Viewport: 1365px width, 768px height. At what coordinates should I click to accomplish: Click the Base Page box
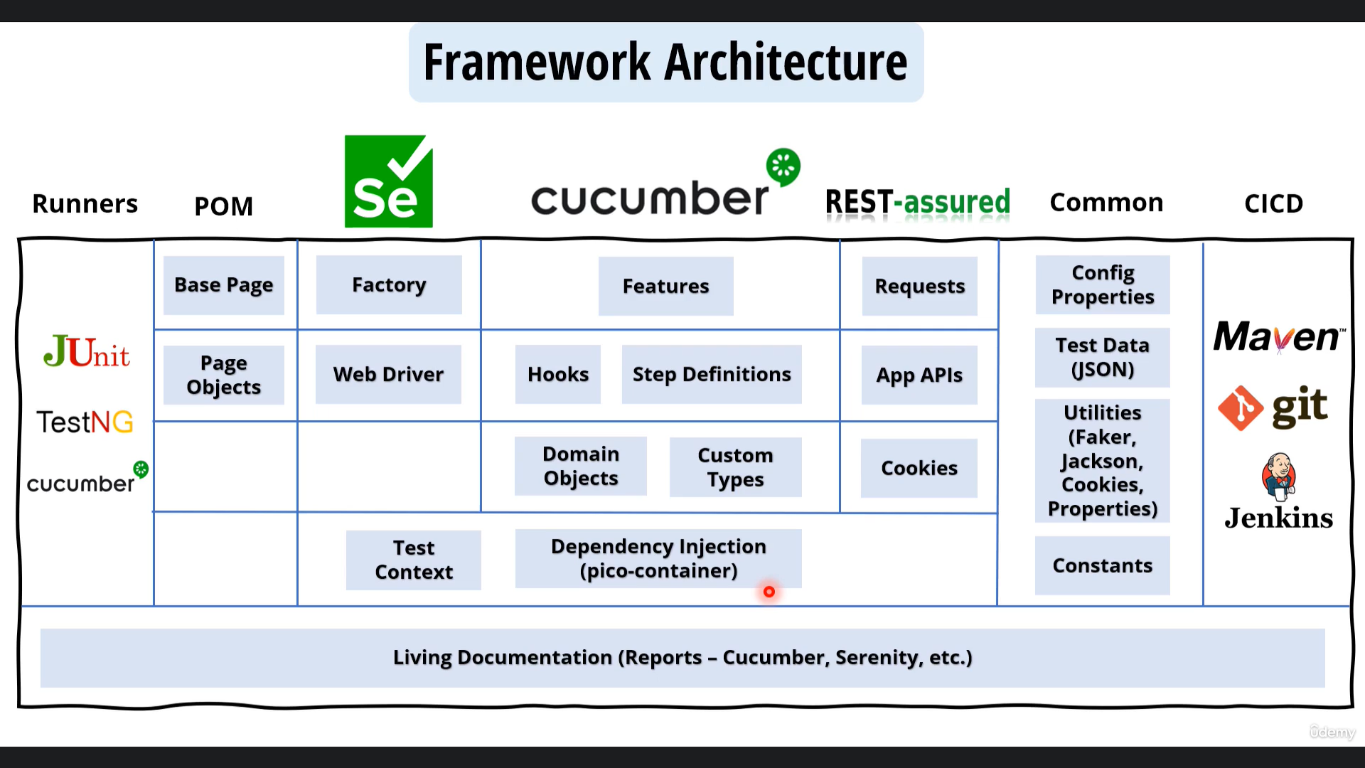click(x=224, y=285)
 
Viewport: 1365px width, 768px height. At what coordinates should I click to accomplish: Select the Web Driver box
click(x=388, y=374)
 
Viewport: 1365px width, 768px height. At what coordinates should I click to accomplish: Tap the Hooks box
click(x=558, y=374)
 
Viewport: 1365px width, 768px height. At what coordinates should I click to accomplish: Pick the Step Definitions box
click(x=712, y=374)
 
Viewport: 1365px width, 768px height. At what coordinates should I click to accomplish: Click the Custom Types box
click(x=735, y=467)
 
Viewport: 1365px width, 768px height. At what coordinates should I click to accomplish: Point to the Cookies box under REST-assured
click(x=919, y=468)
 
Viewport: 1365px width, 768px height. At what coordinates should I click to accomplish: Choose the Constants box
click(x=1103, y=565)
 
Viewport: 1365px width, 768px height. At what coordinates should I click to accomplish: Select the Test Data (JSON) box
click(x=1103, y=357)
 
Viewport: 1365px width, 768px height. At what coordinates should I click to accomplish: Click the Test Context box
click(x=414, y=560)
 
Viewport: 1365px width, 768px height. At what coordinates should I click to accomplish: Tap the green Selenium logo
click(x=389, y=181)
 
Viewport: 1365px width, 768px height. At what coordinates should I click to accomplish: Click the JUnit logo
click(x=87, y=351)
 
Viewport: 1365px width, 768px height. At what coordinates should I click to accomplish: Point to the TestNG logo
click(x=85, y=422)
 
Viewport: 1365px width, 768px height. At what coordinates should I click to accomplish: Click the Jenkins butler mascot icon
click(x=1279, y=477)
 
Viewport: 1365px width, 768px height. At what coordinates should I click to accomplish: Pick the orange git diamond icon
click(x=1241, y=408)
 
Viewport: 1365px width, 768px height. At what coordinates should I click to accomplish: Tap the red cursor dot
click(x=769, y=592)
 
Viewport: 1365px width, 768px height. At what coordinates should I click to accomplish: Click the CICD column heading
click(x=1273, y=204)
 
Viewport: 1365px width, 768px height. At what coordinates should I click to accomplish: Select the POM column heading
click(x=224, y=206)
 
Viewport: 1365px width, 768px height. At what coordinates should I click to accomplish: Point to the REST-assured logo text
click(x=918, y=201)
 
